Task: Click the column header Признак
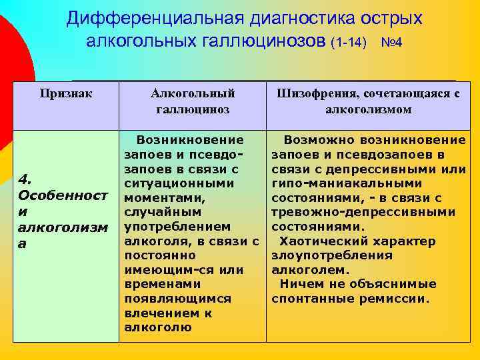coord(66,93)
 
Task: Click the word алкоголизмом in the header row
coord(368,109)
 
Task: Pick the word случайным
coord(163,212)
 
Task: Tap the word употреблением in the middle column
coord(177,226)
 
